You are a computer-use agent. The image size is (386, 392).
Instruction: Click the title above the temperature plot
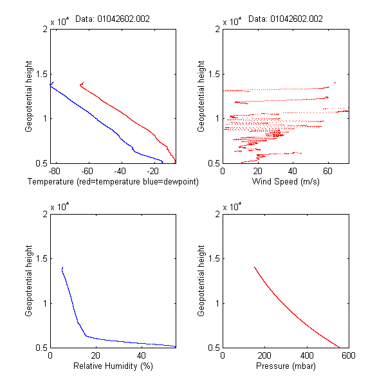click(x=113, y=19)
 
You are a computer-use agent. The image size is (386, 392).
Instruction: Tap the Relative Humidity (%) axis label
click(x=113, y=366)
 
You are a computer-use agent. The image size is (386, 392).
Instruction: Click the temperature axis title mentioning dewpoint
click(x=113, y=182)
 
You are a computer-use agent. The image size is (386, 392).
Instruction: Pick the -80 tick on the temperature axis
click(x=54, y=172)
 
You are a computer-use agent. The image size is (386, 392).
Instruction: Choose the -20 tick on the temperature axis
click(x=152, y=172)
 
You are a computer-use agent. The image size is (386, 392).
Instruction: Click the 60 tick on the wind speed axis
click(x=327, y=172)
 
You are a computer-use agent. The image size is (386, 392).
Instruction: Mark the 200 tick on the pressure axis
click(x=264, y=356)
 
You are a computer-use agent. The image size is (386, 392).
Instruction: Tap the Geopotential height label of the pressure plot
click(x=201, y=281)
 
